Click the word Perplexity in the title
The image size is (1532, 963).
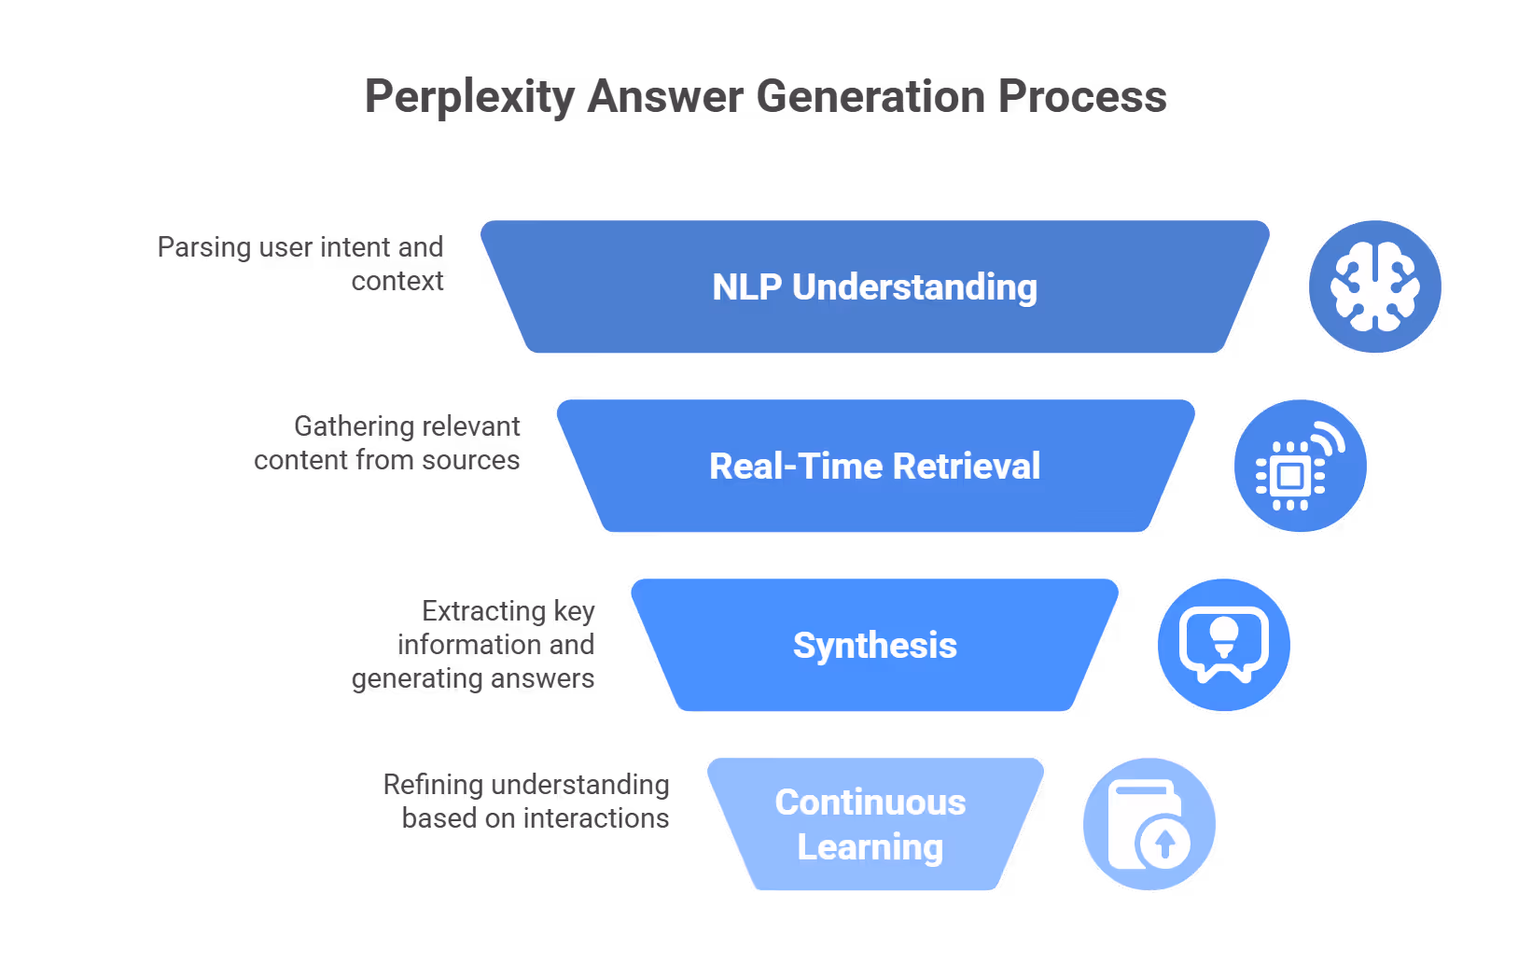469,97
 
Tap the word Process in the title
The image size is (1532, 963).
1082,97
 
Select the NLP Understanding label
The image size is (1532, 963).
874,287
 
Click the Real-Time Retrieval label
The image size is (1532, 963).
874,467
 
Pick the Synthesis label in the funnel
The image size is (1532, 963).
874,646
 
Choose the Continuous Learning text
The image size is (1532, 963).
870,825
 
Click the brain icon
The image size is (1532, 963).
1374,286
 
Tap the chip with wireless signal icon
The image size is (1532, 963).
1300,467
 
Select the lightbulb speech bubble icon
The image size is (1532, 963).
1223,645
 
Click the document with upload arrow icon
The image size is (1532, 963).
1149,824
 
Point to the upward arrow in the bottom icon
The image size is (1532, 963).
1164,844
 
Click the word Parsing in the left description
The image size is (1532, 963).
204,247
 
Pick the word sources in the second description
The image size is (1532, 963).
470,460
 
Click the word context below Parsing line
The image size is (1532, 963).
397,281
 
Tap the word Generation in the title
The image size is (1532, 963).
870,97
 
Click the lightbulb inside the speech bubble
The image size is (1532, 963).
1223,635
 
